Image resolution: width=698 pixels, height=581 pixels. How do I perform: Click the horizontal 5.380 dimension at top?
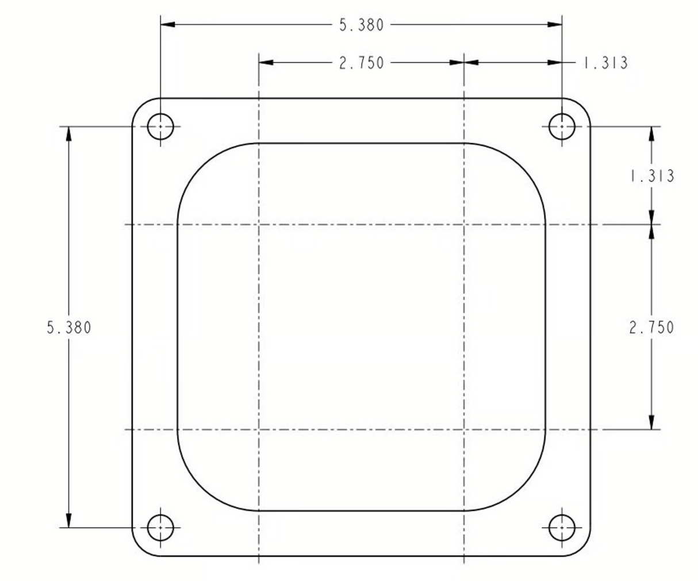click(362, 25)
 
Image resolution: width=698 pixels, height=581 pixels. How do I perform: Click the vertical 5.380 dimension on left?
click(69, 328)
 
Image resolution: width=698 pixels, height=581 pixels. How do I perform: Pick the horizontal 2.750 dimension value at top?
click(362, 63)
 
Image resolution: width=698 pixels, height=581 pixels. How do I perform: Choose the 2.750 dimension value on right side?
click(651, 328)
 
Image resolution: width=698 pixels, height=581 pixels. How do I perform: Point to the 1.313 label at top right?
click(606, 63)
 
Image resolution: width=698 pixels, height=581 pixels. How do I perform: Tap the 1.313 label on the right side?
click(652, 176)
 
